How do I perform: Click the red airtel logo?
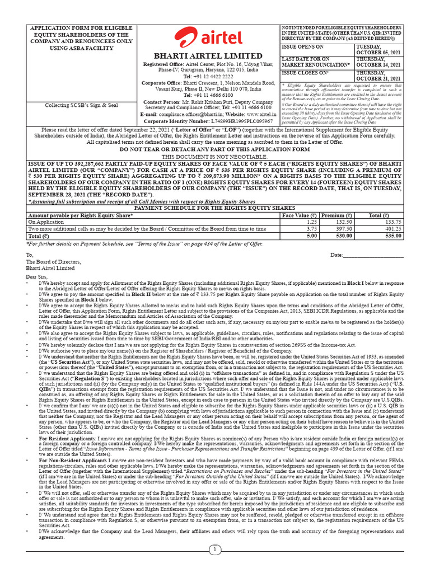[x=208, y=37]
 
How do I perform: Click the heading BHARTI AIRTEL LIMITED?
[x=208, y=56]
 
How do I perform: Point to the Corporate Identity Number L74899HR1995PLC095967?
[x=208, y=121]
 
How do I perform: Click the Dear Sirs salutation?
[x=38, y=277]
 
